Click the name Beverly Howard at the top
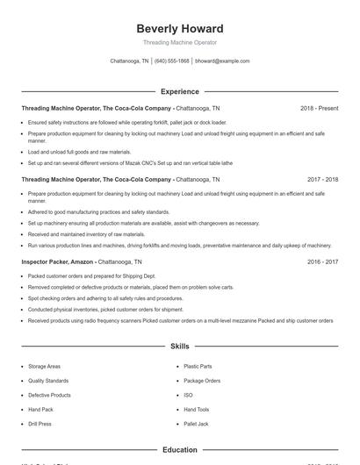pyautogui.click(x=179, y=29)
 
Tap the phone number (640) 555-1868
pyautogui.click(x=172, y=61)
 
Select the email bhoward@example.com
pyautogui.click(x=222, y=61)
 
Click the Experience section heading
pyautogui.click(x=179, y=91)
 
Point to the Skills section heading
pyautogui.click(x=179, y=347)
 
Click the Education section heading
pyautogui.click(x=179, y=449)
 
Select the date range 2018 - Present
pyautogui.click(x=319, y=108)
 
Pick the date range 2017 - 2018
pyautogui.click(x=322, y=179)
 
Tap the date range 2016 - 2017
pyautogui.click(x=322, y=261)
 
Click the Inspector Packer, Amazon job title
pyautogui.click(x=58, y=261)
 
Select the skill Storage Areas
pyautogui.click(x=44, y=366)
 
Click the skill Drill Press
pyautogui.click(x=40, y=424)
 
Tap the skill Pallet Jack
pyautogui.click(x=196, y=424)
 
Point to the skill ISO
pyautogui.click(x=188, y=395)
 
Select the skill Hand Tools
pyautogui.click(x=197, y=409)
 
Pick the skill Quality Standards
pyautogui.click(x=48, y=381)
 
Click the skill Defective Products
pyautogui.click(x=49, y=395)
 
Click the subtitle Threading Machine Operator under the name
pyautogui.click(x=179, y=42)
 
